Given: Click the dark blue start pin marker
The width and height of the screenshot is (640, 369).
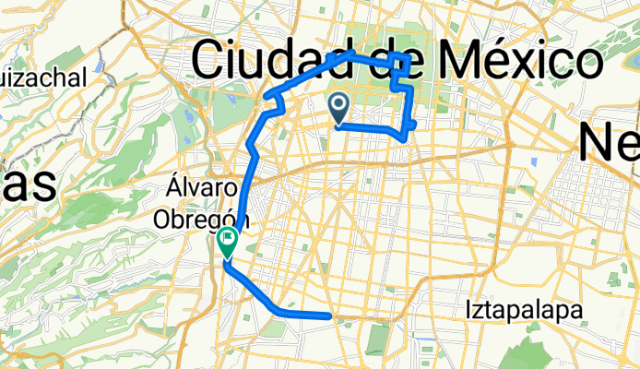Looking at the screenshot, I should (x=338, y=107).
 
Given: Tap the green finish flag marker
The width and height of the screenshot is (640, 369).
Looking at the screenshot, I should (x=228, y=242).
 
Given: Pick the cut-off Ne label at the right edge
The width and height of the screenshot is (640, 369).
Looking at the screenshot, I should (x=609, y=143).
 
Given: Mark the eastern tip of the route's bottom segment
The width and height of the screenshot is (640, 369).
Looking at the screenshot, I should (x=329, y=315).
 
